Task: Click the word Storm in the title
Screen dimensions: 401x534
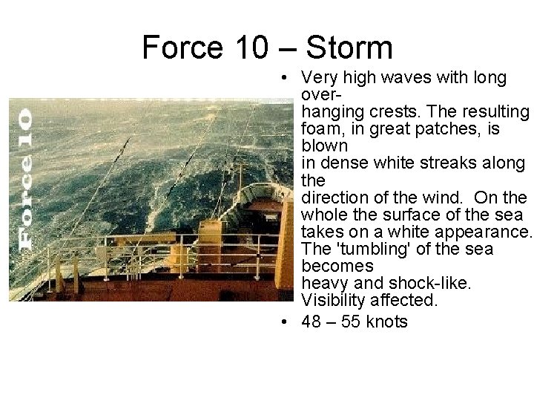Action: pos(349,48)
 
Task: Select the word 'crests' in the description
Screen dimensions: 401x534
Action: pos(397,112)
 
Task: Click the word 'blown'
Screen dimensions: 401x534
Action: pos(324,146)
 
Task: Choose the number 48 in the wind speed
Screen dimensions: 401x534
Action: pos(312,322)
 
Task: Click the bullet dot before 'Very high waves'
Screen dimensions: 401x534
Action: pos(285,78)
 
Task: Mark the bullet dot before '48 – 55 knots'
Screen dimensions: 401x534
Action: pos(285,322)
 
